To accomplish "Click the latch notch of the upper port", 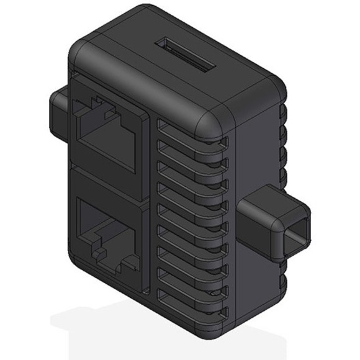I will pos(99,109).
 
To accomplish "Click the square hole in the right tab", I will pos(297,236).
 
